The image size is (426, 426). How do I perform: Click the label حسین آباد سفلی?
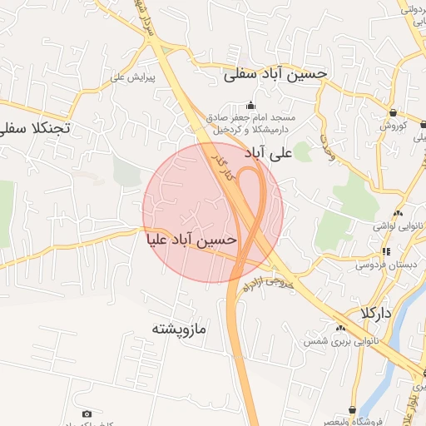pos(275,74)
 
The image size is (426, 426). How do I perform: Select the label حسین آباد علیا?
pos(191,240)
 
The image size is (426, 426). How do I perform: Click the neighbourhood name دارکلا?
pos(375,314)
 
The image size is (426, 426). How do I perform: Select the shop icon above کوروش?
pos(390,113)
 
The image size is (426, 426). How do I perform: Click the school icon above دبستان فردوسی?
pos(385,250)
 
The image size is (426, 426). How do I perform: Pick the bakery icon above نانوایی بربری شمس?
pos(340,327)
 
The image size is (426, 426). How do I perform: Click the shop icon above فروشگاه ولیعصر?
pos(353,410)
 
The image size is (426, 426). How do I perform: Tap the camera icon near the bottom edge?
pos(87,414)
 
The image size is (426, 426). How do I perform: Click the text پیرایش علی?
pos(134,77)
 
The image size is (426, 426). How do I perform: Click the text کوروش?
pos(392,126)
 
